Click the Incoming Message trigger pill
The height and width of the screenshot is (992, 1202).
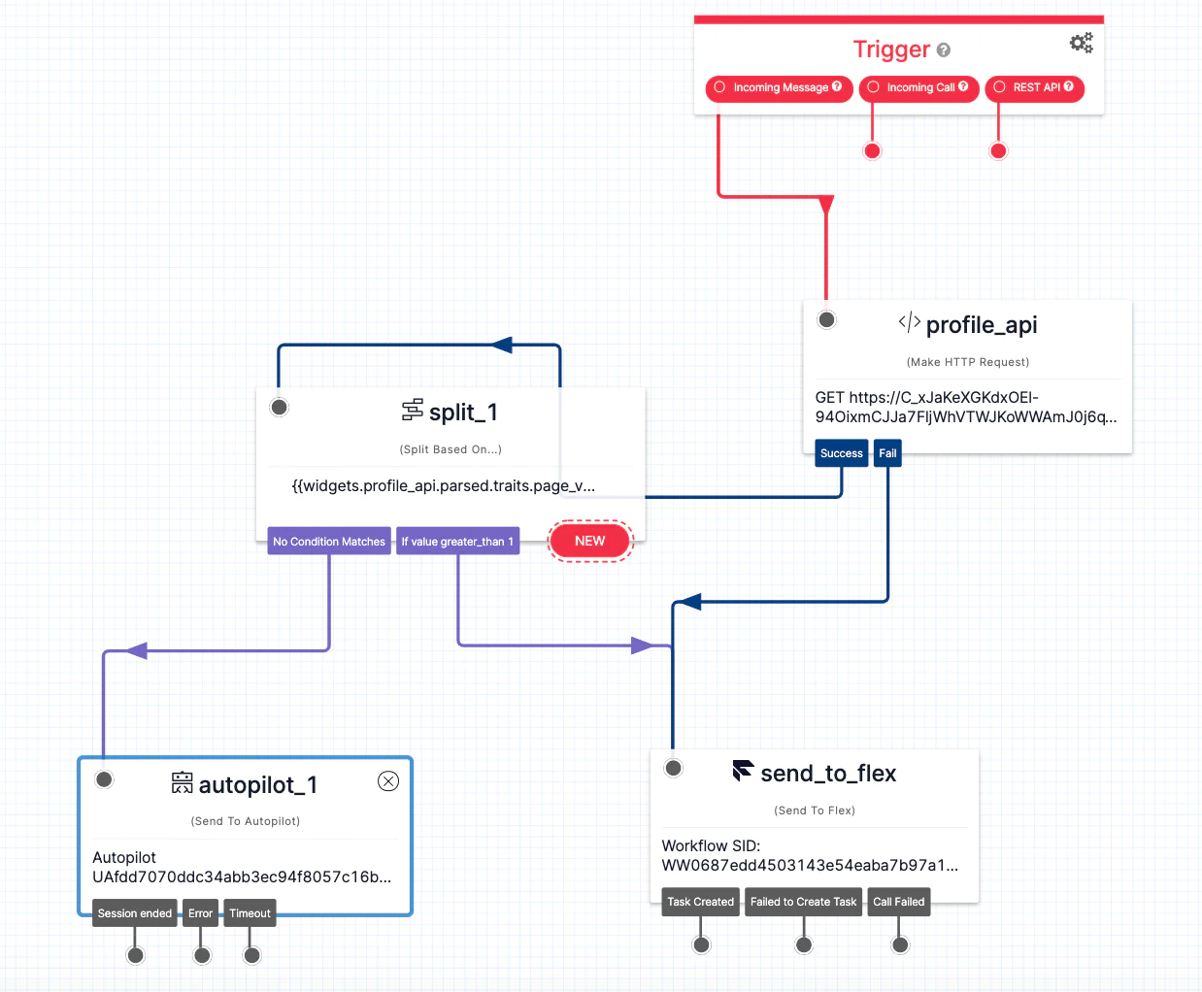779,88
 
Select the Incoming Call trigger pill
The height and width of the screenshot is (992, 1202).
918,88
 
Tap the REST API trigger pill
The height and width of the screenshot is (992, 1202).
1035,88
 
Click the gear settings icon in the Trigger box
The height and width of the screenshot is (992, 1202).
1081,43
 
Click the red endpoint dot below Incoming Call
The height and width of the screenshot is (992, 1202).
872,150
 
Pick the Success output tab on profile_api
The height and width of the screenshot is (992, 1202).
841,453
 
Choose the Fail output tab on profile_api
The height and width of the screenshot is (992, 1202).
887,453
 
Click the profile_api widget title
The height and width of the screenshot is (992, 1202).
981,325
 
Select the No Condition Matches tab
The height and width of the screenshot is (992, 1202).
329,542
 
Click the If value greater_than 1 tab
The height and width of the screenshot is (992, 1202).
457,542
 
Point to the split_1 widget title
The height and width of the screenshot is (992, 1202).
463,413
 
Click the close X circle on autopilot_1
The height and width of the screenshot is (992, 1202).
388,781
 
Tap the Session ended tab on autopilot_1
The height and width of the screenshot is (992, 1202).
135,913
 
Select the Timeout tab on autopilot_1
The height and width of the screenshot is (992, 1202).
250,913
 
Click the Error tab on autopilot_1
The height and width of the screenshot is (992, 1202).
200,913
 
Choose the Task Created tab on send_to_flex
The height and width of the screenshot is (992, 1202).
700,902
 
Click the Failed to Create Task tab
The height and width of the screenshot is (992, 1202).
803,902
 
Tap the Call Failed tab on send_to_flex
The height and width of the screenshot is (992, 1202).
898,902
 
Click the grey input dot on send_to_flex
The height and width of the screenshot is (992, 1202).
673,768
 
